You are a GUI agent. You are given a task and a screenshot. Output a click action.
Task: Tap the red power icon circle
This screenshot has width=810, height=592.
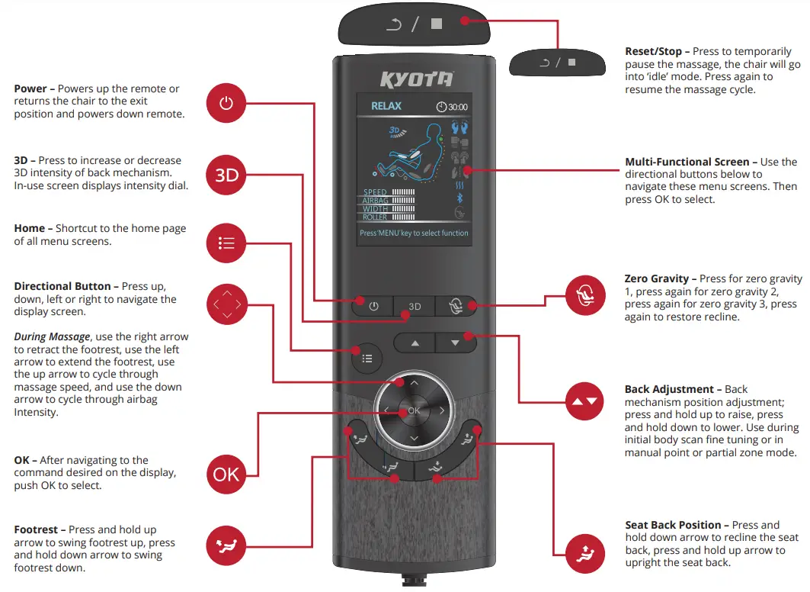point(226,104)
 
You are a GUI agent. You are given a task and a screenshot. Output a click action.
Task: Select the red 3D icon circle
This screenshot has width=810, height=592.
point(226,175)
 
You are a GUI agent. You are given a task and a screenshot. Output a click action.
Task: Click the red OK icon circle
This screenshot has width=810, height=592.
point(226,475)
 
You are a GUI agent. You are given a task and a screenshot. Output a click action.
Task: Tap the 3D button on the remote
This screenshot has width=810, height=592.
point(415,306)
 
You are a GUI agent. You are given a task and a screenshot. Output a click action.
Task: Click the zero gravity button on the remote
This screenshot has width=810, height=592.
point(456,306)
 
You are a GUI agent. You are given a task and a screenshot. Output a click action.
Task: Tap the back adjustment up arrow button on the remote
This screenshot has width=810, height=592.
point(415,343)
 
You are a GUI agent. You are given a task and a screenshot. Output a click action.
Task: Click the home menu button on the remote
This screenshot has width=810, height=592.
point(367,358)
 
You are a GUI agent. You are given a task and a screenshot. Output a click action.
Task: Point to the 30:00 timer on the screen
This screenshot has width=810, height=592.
point(452,108)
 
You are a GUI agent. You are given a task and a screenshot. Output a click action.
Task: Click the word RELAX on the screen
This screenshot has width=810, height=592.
point(386,107)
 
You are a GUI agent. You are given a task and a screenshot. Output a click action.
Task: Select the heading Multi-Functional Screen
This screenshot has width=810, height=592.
point(691,162)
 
